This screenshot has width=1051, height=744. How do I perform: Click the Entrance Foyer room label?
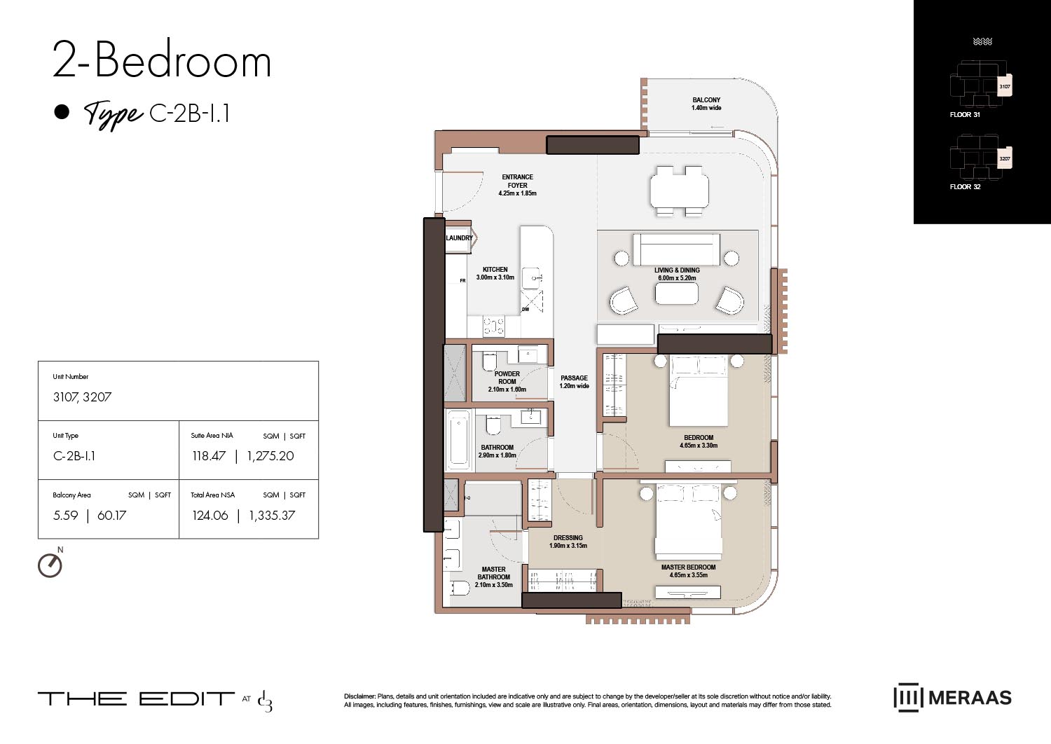coord(517,185)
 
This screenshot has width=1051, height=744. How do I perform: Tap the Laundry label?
coord(459,238)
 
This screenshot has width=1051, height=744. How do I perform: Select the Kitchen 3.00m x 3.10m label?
coord(495,273)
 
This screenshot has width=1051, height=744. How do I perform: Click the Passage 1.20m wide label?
coord(574,382)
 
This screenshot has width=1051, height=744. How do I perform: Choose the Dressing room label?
coord(568,542)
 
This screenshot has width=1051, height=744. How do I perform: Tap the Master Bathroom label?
coord(493,577)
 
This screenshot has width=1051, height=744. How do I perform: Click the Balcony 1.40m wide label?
coord(706,104)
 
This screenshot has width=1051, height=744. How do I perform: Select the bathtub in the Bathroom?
coord(458,441)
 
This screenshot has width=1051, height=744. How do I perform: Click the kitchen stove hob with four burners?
coord(494,326)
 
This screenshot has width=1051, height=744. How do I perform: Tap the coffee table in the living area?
coord(677,293)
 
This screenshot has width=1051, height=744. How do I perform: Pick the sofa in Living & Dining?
coord(676,250)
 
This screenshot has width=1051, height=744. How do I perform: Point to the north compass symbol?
coord(50,564)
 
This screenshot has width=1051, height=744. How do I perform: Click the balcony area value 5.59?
coord(66,516)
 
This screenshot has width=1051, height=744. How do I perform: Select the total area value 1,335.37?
coord(272,516)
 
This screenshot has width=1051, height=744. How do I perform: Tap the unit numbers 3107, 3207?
coord(82,397)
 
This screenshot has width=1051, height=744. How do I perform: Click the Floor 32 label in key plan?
coord(965,187)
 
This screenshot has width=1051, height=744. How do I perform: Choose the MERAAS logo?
coord(952,697)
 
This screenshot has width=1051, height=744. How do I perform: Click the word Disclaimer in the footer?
coord(359,696)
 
